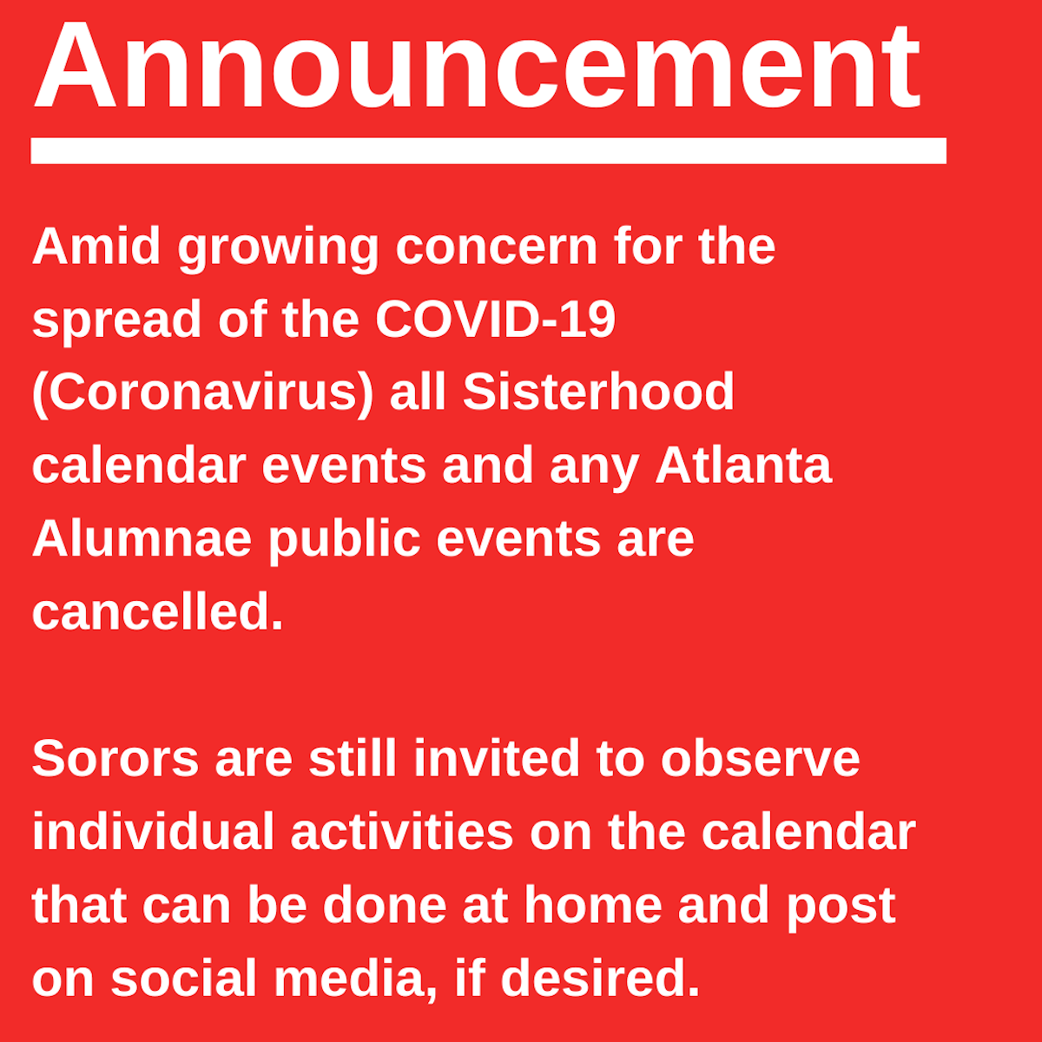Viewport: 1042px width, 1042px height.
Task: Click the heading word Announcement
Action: [x=477, y=65]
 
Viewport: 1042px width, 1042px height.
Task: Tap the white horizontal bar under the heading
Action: [x=488, y=150]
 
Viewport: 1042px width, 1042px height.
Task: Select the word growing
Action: [x=278, y=250]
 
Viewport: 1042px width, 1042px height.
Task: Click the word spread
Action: [x=117, y=323]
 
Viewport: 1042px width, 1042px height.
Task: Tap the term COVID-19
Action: [x=495, y=319]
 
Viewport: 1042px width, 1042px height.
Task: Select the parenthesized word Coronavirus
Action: [x=203, y=393]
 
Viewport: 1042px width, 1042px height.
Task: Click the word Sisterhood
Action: [x=598, y=392]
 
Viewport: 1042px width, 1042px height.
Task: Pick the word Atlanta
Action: [x=743, y=465]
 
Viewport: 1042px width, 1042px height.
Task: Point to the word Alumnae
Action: [x=142, y=538]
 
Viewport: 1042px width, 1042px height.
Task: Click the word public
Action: [x=345, y=543]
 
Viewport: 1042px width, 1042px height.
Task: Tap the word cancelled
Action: [x=158, y=611]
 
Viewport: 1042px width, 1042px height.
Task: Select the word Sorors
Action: [x=115, y=758]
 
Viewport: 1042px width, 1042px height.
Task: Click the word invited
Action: [x=497, y=757]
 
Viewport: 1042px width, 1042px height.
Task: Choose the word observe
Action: [x=761, y=757]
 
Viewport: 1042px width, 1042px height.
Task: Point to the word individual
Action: [x=154, y=831]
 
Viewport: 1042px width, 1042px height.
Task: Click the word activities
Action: [x=402, y=831]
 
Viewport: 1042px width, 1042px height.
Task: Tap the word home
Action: [x=593, y=904]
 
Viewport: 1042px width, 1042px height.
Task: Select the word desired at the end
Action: [x=600, y=978]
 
